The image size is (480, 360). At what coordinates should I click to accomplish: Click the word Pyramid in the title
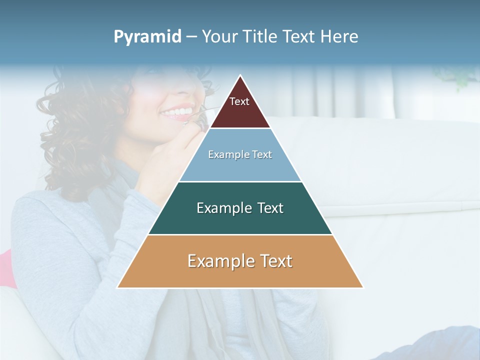147,37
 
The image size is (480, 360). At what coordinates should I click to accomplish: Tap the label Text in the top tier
239,101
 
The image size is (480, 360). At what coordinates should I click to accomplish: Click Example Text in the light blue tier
240,154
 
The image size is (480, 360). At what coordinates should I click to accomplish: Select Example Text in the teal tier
240,208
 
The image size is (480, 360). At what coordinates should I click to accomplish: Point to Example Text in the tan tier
240,261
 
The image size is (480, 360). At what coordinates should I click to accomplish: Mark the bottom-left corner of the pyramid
117,287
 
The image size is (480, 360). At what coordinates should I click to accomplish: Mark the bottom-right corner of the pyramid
363,287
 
